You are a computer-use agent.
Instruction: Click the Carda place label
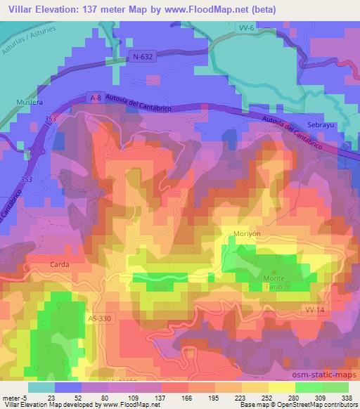pos(60,266)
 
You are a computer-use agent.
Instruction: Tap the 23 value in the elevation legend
pos(53,398)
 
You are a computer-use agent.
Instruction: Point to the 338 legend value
pos(347,398)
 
